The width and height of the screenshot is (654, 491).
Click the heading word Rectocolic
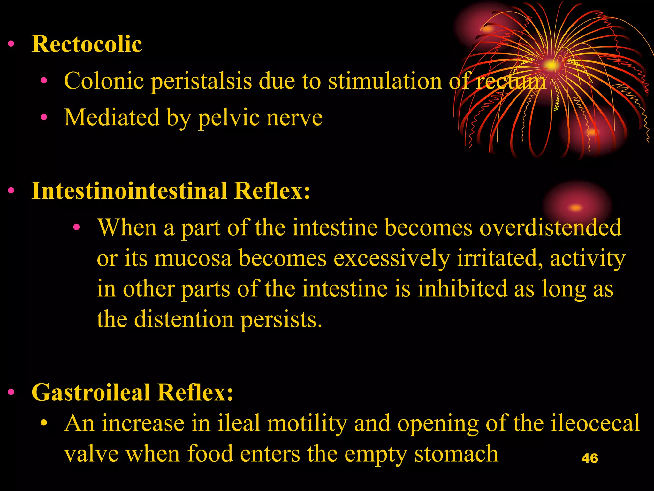pos(87,44)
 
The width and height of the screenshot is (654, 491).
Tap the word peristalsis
pos(201,81)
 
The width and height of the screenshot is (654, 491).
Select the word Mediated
pos(111,118)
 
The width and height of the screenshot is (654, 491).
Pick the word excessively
pos(392,258)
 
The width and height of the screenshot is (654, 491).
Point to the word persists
pos(281,319)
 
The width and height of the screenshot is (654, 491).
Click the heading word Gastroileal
pos(91,392)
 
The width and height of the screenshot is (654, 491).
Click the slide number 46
pos(589,458)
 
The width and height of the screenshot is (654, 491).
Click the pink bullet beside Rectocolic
pos(11,44)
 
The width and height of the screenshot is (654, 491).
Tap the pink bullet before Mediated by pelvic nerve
pos(44,117)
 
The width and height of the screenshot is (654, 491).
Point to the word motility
pos(307,423)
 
